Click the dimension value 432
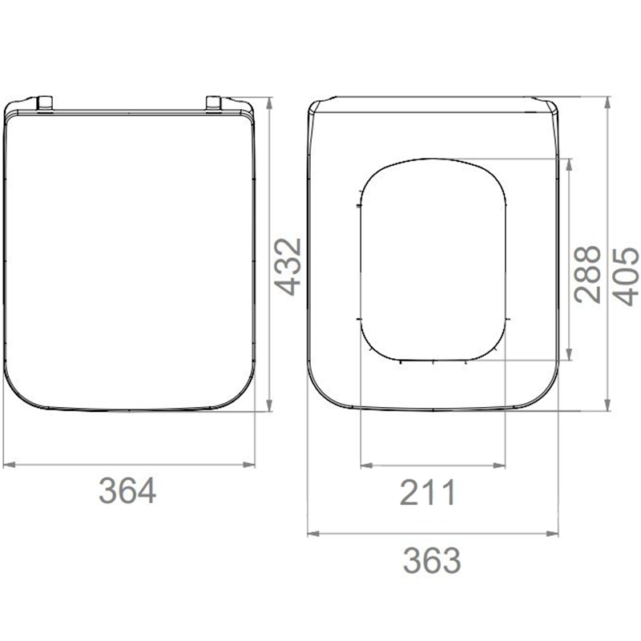point(288,267)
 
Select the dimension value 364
point(127,491)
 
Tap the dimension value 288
point(587,274)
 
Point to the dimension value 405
point(627,277)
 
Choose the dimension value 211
point(428,493)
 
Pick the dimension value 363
point(432,561)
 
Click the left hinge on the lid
point(45,103)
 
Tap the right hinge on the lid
point(213,103)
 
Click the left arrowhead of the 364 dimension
point(9,465)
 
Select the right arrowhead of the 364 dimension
point(249,465)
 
